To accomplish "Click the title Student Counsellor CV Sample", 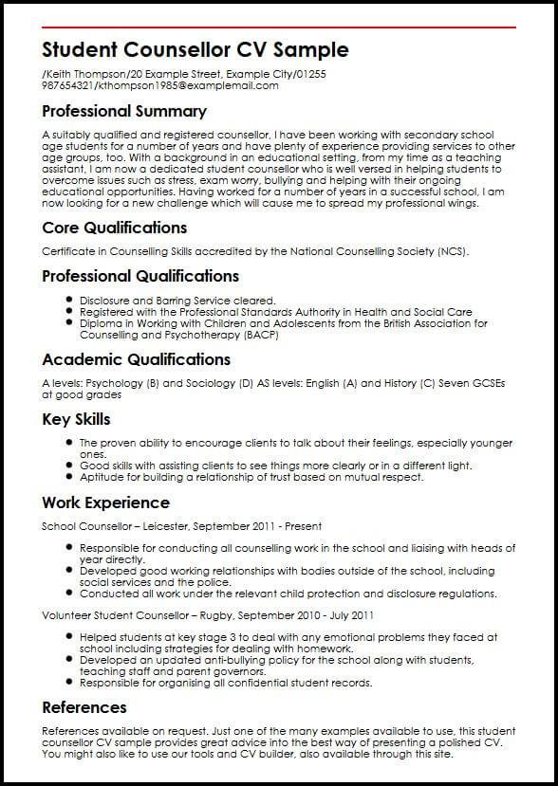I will point(195,49).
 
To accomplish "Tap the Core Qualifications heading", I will point(114,228).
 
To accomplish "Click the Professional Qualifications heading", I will point(140,276).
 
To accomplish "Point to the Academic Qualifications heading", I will point(136,359).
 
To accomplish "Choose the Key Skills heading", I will point(76,419).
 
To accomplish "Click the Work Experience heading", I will point(104,503).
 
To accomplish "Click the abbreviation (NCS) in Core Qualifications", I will point(452,251).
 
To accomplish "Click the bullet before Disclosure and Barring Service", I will point(70,300).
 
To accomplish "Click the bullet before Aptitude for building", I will point(70,477).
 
